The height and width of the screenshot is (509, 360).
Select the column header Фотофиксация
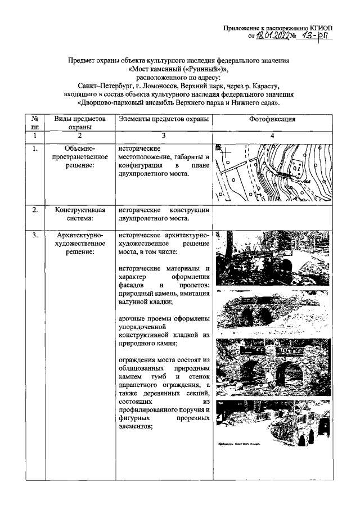coord(272,120)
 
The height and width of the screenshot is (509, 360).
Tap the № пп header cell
coord(35,123)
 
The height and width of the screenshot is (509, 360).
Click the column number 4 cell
coord(272,136)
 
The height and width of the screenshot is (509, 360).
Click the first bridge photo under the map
coord(272,259)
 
